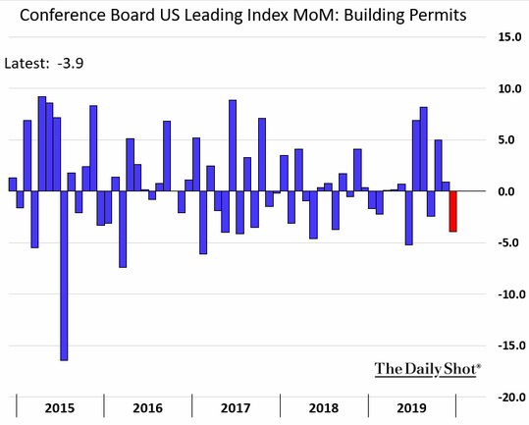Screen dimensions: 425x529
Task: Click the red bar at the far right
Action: pos(453,211)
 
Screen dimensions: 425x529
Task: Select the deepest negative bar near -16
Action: pos(64,275)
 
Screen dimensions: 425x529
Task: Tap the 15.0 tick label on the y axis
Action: pos(509,37)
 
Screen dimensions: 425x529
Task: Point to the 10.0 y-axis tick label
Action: pos(509,88)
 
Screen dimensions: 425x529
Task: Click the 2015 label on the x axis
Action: pos(59,407)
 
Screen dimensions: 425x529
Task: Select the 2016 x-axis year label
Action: pos(147,407)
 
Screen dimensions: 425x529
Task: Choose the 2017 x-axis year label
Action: pos(236,407)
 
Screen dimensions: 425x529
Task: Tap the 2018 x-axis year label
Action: pos(323,407)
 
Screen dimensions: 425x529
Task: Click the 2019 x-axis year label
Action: pos(411,407)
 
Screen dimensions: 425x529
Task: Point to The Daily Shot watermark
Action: pos(428,369)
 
